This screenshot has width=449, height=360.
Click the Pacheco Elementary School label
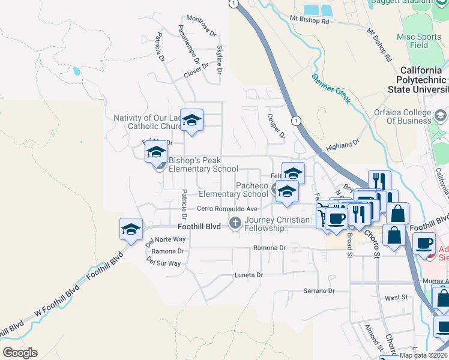pyautogui.click(x=234, y=190)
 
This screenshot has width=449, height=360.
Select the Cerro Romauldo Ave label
pyautogui.click(x=228, y=209)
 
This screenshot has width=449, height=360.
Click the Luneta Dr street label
pyautogui.click(x=248, y=275)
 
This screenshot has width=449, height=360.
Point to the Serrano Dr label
pyautogui.click(x=318, y=291)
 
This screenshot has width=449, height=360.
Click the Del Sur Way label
pyautogui.click(x=163, y=263)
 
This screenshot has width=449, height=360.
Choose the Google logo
pyautogui.click(x=20, y=353)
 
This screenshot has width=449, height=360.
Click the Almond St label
pyautogui.click(x=374, y=338)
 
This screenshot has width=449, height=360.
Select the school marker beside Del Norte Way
pyautogui.click(x=131, y=229)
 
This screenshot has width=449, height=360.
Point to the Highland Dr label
pyautogui.click(x=342, y=145)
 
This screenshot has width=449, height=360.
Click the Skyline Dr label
pyautogui.click(x=220, y=60)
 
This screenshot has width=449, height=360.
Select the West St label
pyautogui.click(x=396, y=298)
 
